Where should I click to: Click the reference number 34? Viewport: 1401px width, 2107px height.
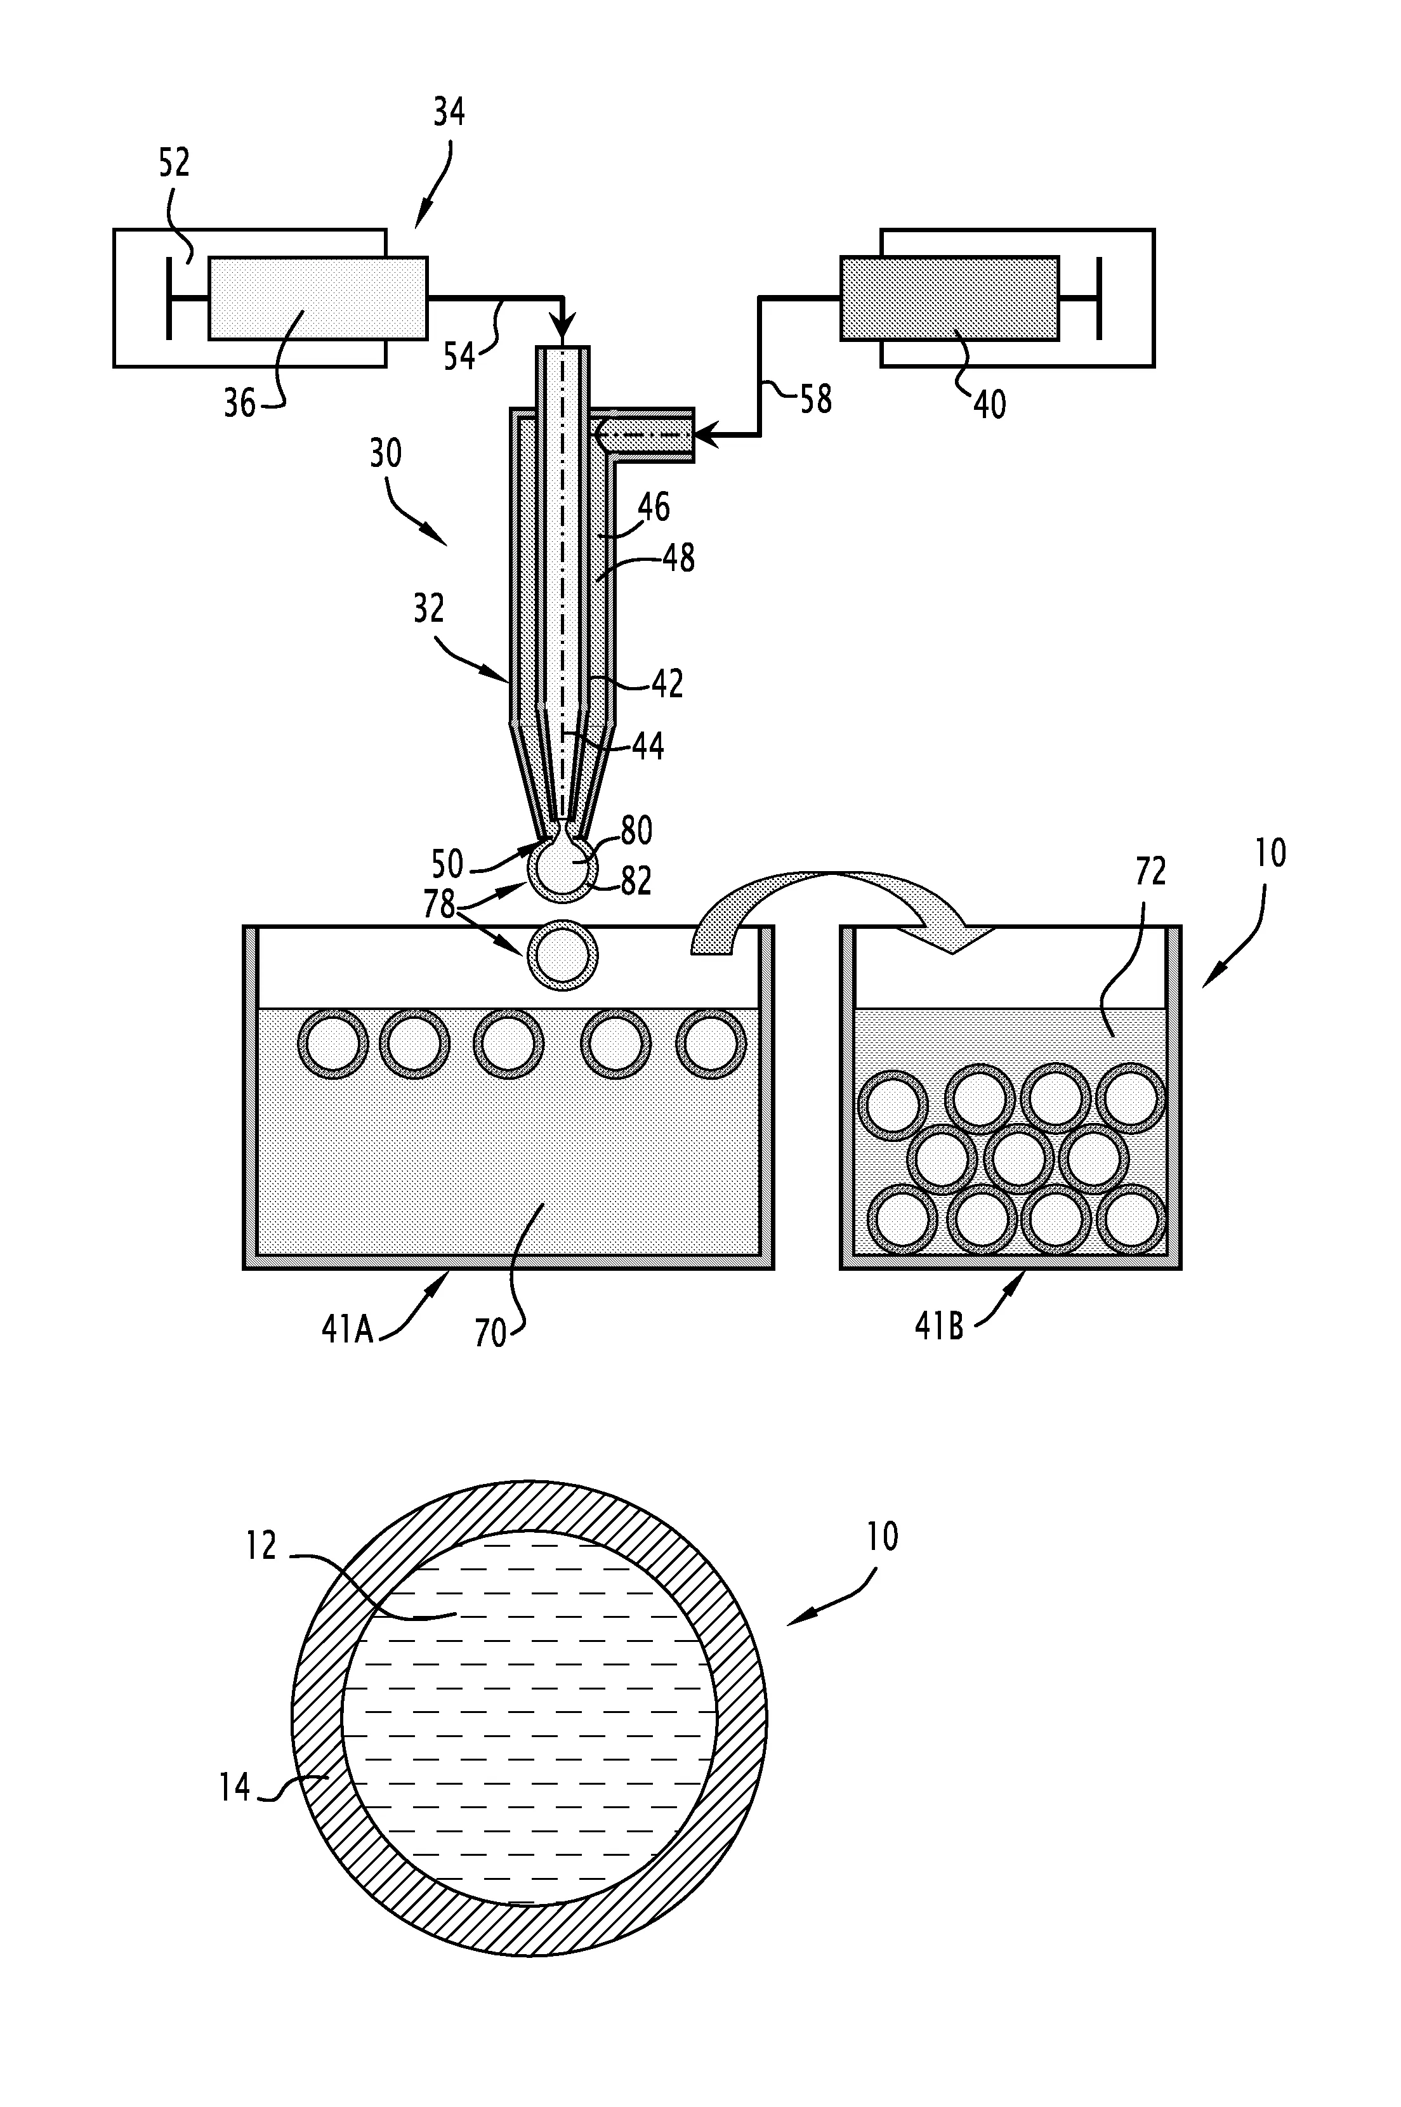click(x=449, y=114)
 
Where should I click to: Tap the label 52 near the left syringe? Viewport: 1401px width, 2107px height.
click(x=174, y=164)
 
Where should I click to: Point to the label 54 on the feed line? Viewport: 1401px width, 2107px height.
click(x=460, y=357)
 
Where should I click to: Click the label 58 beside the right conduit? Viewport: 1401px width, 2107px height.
click(x=815, y=399)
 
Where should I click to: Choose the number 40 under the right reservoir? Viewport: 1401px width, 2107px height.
click(x=989, y=405)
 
